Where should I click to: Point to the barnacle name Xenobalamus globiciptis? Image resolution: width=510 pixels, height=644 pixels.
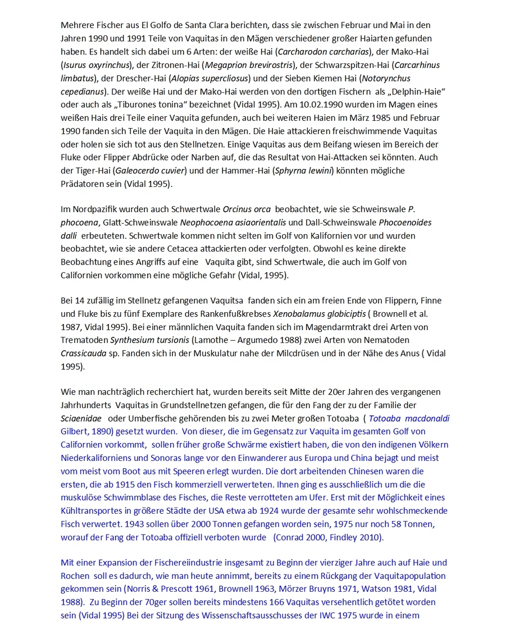click(318, 314)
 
